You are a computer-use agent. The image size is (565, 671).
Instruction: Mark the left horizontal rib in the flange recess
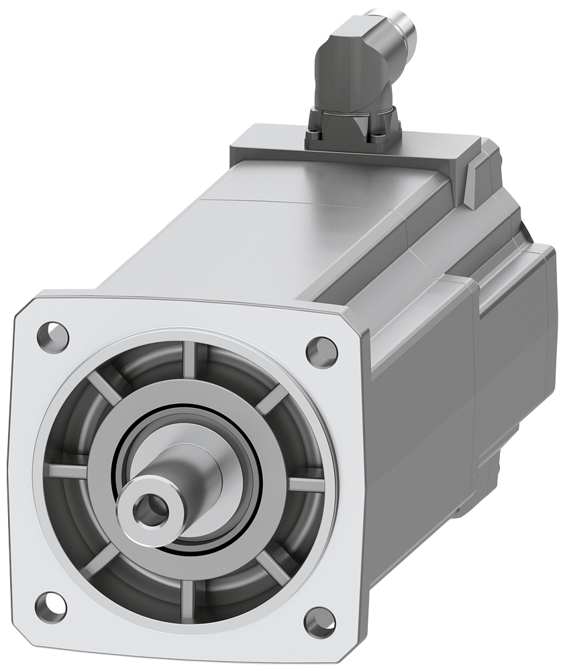(67, 472)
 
